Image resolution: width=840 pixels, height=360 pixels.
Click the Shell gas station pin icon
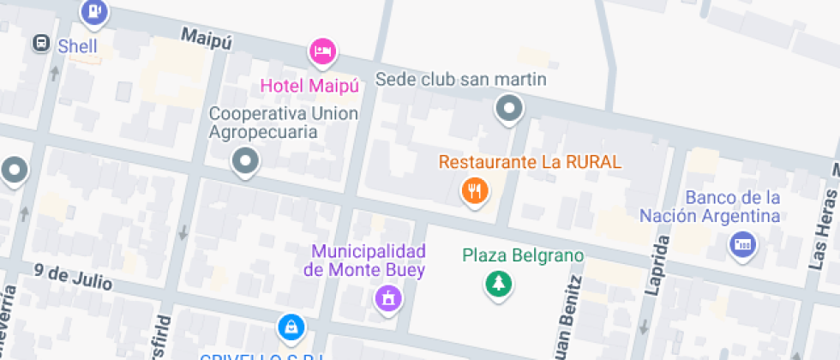tap(93, 11)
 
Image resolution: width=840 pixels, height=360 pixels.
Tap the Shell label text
tap(77, 46)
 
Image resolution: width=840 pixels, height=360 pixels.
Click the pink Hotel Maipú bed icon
tap(321, 51)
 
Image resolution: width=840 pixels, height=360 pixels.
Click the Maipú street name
tap(206, 37)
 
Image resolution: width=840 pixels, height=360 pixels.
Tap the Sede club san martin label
tap(461, 81)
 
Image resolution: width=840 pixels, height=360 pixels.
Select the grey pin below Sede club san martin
tap(510, 109)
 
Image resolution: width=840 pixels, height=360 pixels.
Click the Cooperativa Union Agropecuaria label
tap(284, 123)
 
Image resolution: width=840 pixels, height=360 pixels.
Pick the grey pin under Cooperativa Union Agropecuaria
tap(246, 159)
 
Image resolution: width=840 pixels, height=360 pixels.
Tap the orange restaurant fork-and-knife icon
tap(474, 189)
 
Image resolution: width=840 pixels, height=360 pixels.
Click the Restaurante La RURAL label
tap(530, 161)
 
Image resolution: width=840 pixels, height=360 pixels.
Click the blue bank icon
tap(742, 245)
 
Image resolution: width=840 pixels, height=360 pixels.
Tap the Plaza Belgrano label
tap(523, 255)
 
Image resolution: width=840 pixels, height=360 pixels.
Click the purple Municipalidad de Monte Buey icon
tap(388, 299)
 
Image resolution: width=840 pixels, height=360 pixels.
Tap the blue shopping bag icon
tap(291, 327)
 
